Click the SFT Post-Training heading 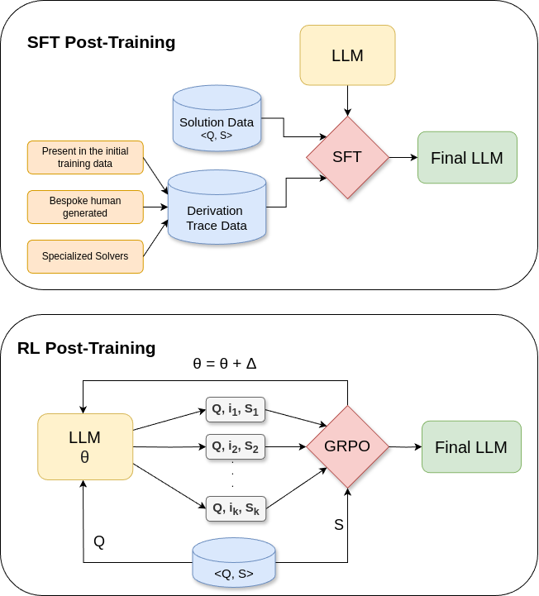(x=101, y=42)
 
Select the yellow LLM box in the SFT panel (x=347, y=55)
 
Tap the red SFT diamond (x=347, y=157)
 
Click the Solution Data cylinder (x=217, y=123)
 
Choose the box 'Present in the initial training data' (x=85, y=157)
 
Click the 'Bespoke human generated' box (x=85, y=207)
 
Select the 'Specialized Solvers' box (x=85, y=256)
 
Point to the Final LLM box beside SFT (x=467, y=157)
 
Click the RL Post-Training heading (x=87, y=348)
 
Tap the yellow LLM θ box (x=85, y=446)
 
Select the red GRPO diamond (x=347, y=446)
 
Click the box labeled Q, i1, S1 (x=236, y=410)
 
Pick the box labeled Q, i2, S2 (x=236, y=447)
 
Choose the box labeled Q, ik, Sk (x=236, y=508)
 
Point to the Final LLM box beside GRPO (x=471, y=447)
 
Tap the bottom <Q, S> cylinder (x=234, y=562)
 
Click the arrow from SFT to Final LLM (x=403, y=157)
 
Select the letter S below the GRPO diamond (x=338, y=525)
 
